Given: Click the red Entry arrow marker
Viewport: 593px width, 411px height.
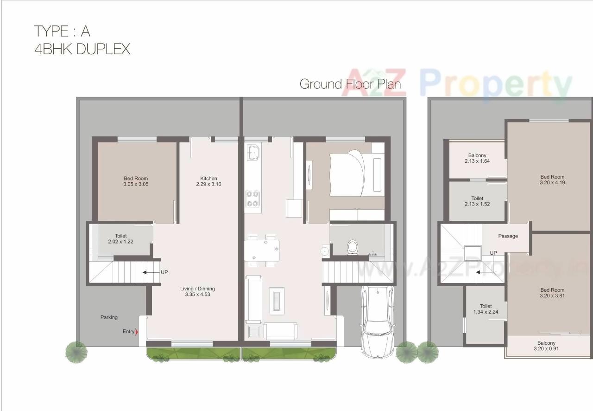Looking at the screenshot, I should tap(136, 331).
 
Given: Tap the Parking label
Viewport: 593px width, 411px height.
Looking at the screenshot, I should tap(109, 317).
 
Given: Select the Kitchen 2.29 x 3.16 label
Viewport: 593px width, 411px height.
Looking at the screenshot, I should tap(208, 181).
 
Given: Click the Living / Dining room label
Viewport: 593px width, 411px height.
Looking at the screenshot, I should tap(197, 291).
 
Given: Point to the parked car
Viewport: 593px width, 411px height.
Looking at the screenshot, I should tap(378, 321).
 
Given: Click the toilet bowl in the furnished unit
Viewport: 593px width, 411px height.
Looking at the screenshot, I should tap(353, 247).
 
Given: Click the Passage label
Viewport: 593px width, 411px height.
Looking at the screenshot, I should tap(508, 236).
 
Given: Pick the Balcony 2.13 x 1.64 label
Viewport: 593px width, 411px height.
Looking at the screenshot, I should tap(477, 158).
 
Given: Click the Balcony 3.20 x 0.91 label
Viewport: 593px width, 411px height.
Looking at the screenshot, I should tap(546, 346).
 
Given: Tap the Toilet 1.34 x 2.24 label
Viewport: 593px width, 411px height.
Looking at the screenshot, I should tap(486, 309).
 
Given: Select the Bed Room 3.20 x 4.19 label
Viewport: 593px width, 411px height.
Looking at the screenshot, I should tap(552, 180).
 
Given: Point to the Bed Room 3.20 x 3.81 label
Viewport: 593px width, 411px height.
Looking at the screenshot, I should tap(552, 293).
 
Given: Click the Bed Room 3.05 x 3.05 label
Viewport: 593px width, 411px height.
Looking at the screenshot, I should tap(136, 181).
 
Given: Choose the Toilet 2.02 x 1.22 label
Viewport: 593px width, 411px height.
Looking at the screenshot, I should tap(120, 238).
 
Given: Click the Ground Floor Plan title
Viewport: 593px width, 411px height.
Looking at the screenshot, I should tap(350, 84).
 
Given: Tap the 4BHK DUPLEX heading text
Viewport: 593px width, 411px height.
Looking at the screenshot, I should tap(82, 49).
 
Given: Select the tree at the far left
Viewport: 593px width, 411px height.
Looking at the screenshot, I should tap(76, 351).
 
